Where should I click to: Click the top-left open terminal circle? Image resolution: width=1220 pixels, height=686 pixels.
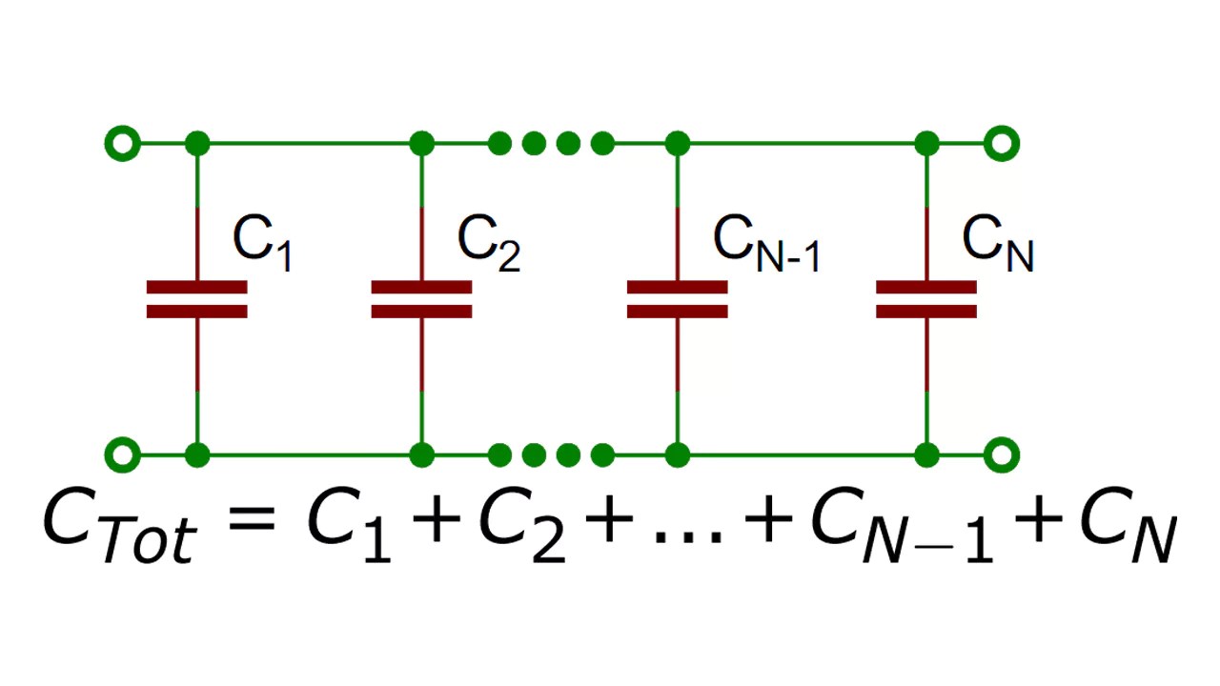point(121,144)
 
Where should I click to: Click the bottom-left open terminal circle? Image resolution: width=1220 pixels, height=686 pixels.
point(121,454)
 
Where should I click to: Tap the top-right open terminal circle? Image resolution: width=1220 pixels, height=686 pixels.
point(1002,144)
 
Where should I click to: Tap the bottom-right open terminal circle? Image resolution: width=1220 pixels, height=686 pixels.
point(1002,454)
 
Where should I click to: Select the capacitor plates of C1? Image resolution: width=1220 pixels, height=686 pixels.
point(197,299)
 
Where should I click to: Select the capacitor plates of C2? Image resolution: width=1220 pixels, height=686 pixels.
point(421,299)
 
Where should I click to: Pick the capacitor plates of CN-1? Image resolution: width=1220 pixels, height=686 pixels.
point(678,299)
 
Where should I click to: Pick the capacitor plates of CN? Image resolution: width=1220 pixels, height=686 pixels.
point(926,299)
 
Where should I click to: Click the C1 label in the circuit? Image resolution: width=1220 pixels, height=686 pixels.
point(262,243)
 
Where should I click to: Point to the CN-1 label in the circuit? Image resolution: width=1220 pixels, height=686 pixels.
point(766,243)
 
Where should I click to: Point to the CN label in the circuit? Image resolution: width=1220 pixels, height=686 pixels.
point(998,243)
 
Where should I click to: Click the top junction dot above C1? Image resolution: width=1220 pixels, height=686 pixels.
point(197,144)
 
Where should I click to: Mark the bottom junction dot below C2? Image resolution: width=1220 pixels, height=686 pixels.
point(421,454)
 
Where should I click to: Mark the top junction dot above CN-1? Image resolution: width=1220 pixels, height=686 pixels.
point(678,144)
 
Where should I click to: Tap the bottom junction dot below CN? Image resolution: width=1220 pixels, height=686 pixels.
point(926,454)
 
